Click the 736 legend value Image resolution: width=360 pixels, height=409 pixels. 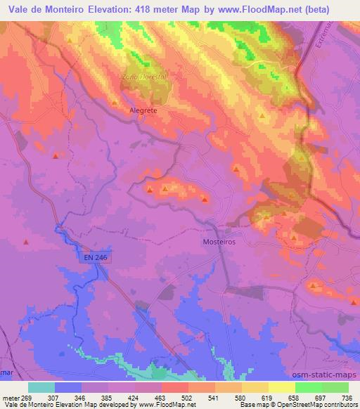pos(347,397)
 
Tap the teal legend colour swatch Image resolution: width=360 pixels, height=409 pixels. pos(41,387)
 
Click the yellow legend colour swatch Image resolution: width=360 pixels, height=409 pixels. pos(281,387)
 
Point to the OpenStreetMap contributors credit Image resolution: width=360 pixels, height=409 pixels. pos(323,405)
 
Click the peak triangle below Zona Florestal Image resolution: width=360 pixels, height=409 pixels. pos(114,103)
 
